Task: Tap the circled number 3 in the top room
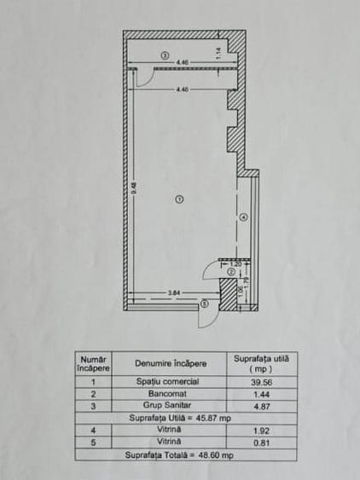[x=165, y=55]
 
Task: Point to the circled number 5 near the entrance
[x=205, y=304]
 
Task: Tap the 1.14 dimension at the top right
[x=218, y=52]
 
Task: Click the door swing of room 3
[x=143, y=78]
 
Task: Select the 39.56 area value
[x=262, y=381]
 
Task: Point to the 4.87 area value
[x=262, y=407]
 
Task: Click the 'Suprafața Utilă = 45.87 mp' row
[x=180, y=419]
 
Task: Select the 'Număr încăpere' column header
[x=93, y=363]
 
